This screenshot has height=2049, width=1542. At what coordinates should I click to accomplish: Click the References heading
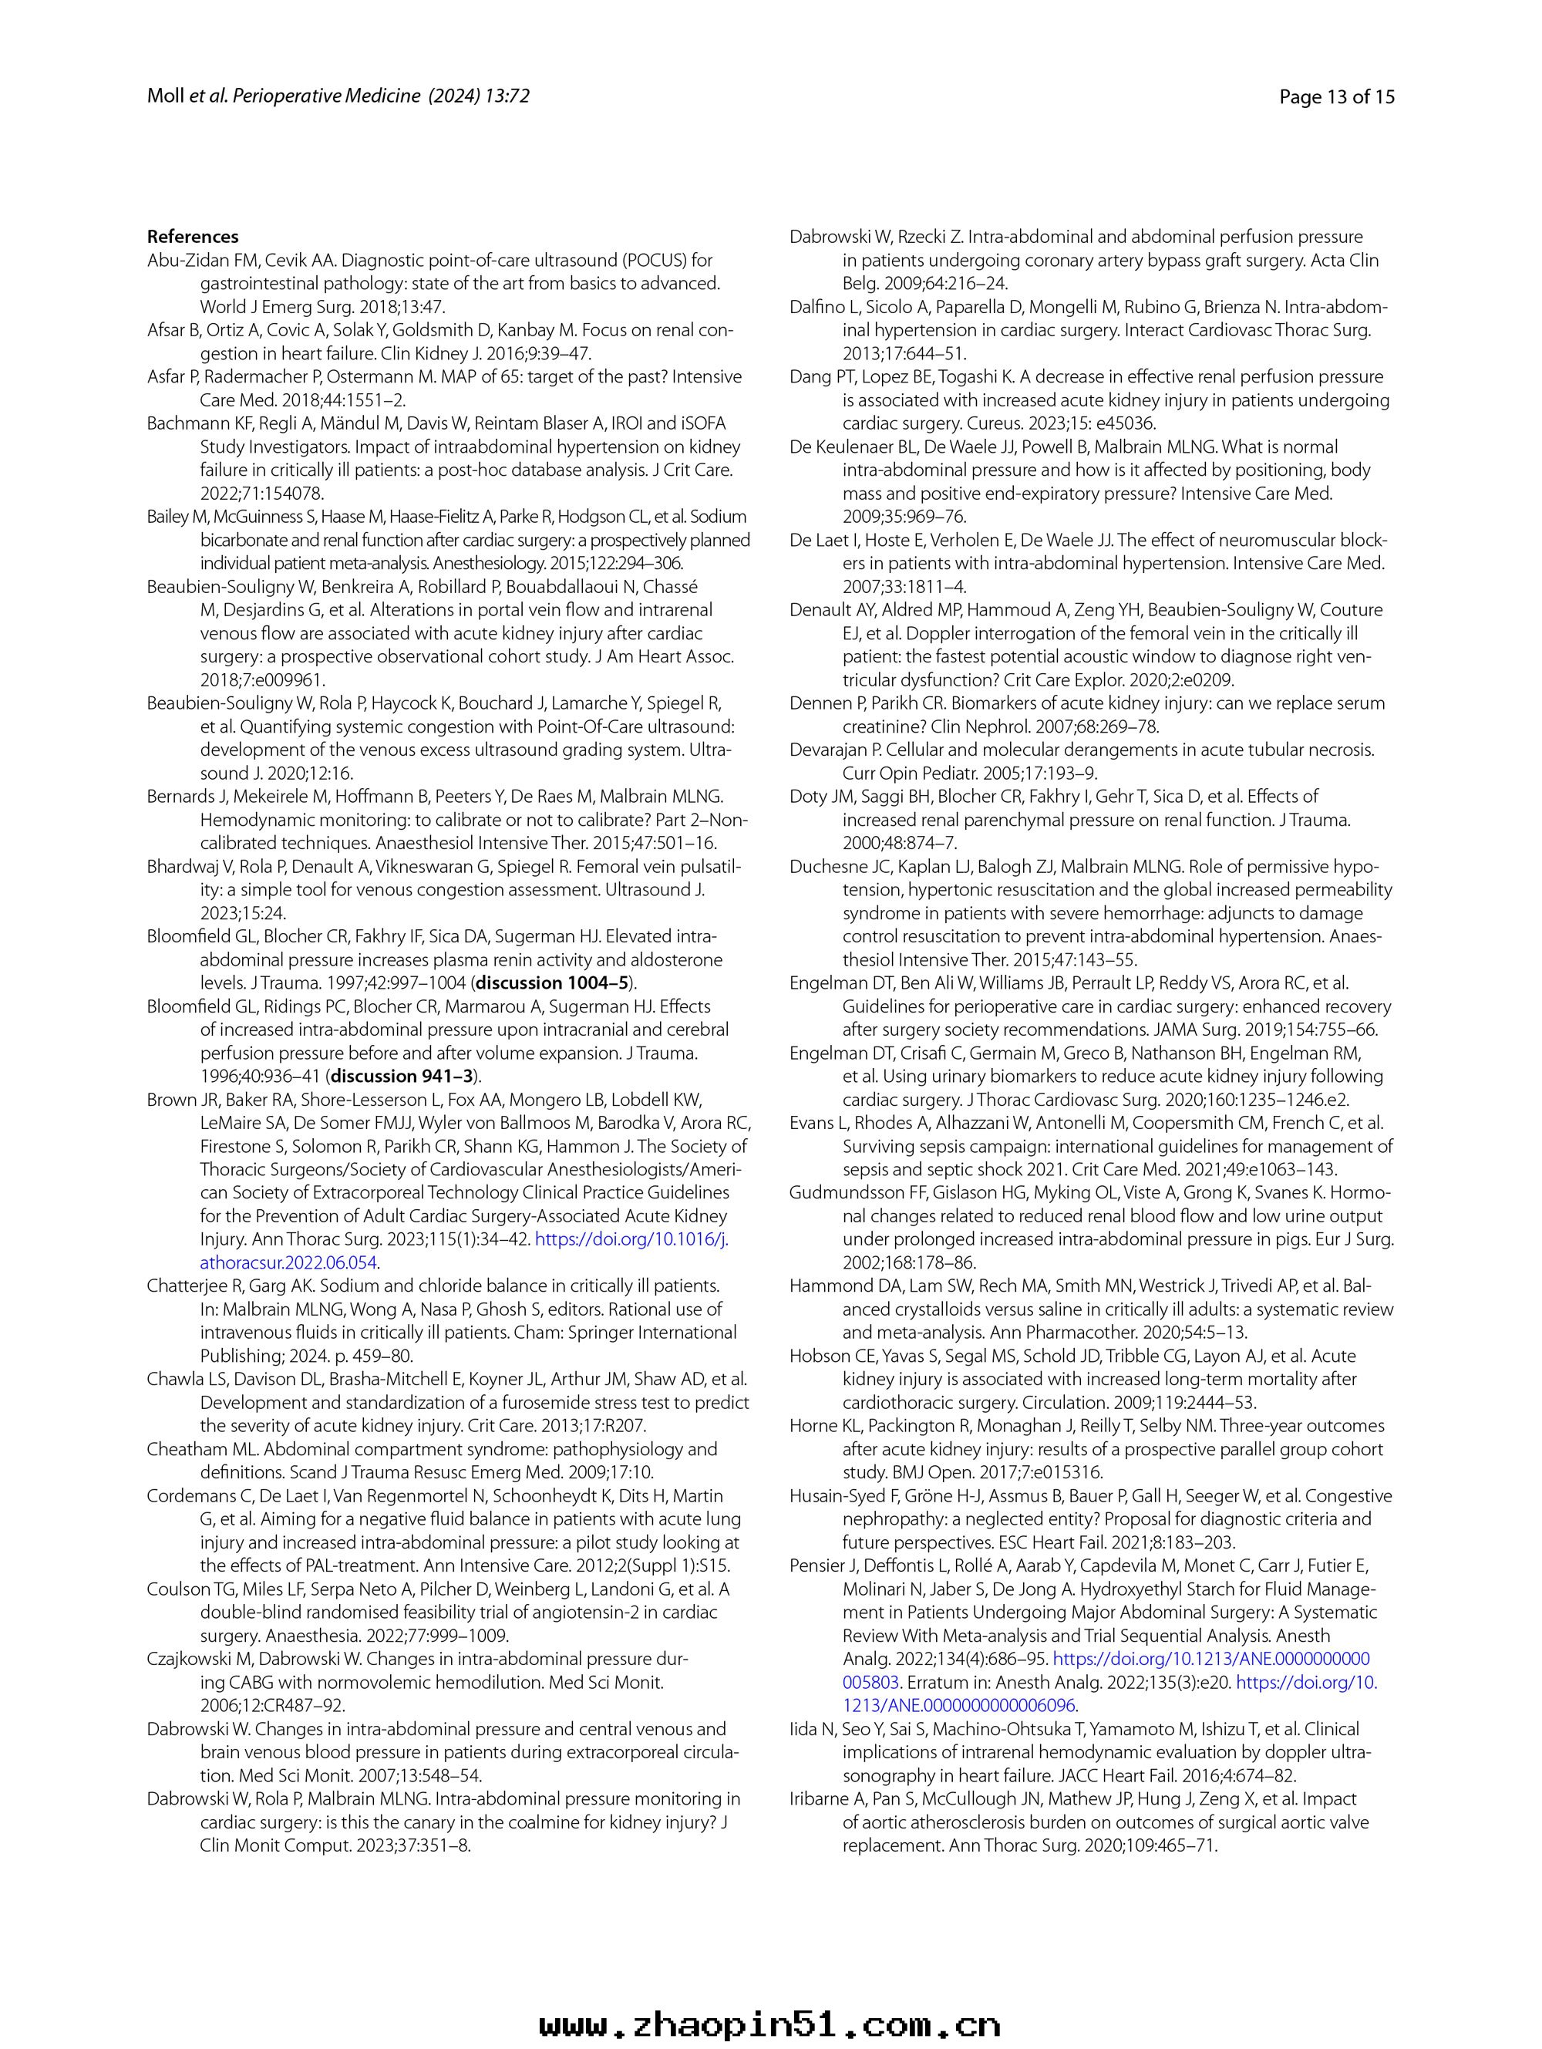pyautogui.click(x=193, y=236)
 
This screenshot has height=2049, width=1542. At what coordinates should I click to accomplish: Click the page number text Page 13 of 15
pyautogui.click(x=1335, y=96)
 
